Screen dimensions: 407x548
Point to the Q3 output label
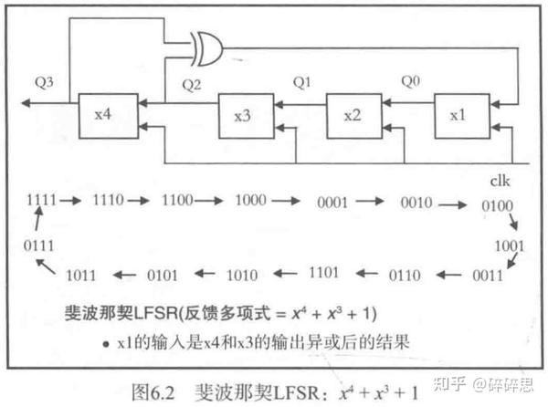[41, 82]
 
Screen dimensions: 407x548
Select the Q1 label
[303, 82]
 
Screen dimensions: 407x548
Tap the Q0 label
[413, 80]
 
